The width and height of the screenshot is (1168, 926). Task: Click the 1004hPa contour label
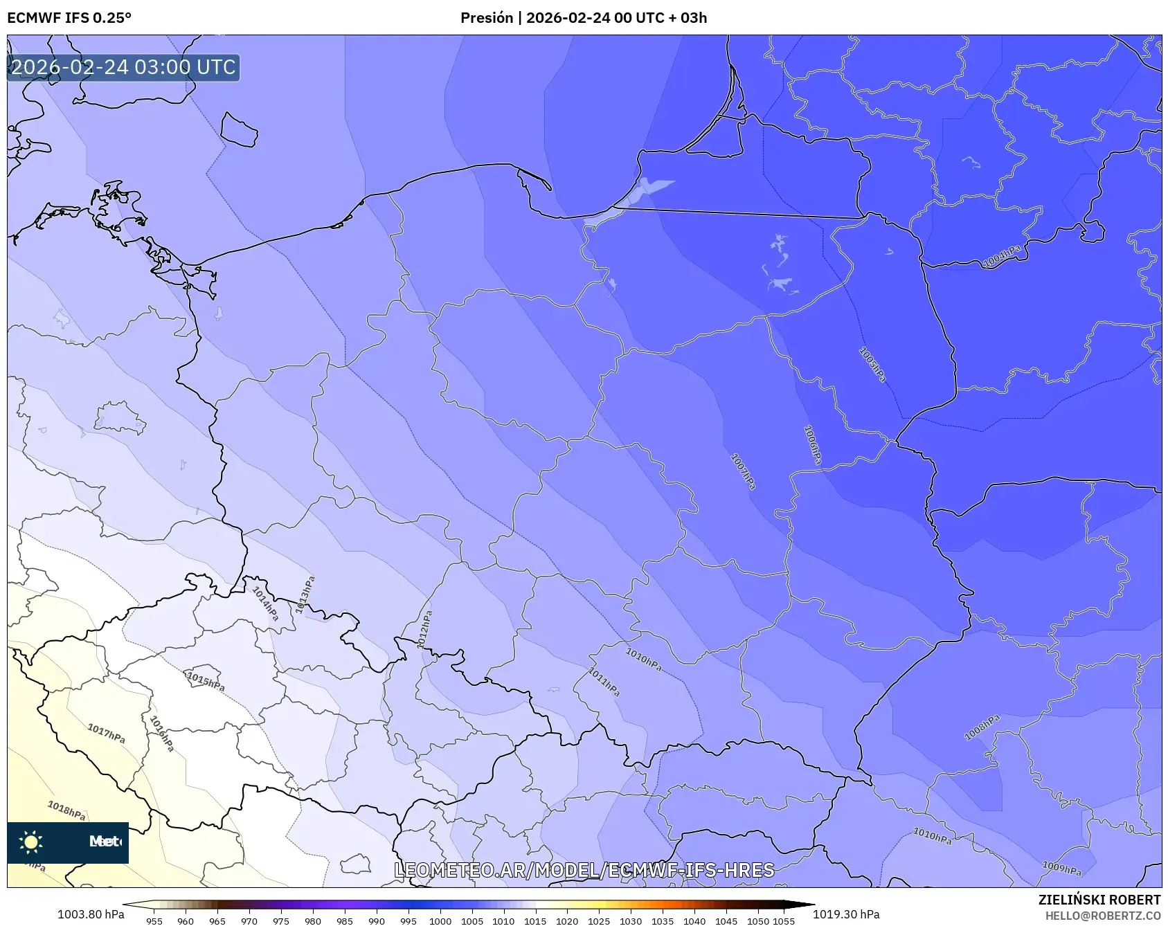[1002, 256]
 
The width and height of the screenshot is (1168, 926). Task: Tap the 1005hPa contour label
[872, 364]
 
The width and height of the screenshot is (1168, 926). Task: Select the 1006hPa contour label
[813, 444]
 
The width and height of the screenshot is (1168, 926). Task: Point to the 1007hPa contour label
[743, 471]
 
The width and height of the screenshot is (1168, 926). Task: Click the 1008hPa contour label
[982, 727]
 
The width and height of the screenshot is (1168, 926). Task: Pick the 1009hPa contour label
[1061, 869]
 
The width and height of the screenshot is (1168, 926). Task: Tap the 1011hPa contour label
[604, 682]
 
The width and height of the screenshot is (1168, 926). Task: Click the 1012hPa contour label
[424, 629]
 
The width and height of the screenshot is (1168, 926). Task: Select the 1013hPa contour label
[305, 594]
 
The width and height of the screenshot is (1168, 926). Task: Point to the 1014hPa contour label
[265, 603]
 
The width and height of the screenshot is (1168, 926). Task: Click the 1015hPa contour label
[206, 681]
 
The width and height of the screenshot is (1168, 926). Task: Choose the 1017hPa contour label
[106, 733]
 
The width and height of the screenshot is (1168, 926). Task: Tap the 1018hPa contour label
[66, 810]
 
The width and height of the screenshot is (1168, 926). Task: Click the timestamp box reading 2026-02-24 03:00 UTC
[123, 68]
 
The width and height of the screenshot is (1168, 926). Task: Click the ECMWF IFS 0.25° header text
[69, 18]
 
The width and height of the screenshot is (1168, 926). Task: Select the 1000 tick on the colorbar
[440, 921]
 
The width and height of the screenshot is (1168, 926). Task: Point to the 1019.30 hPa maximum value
[845, 914]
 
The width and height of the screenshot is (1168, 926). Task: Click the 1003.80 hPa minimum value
[91, 914]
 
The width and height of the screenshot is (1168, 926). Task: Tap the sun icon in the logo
[31, 842]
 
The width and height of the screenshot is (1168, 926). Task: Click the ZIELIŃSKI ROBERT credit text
[1099, 900]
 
